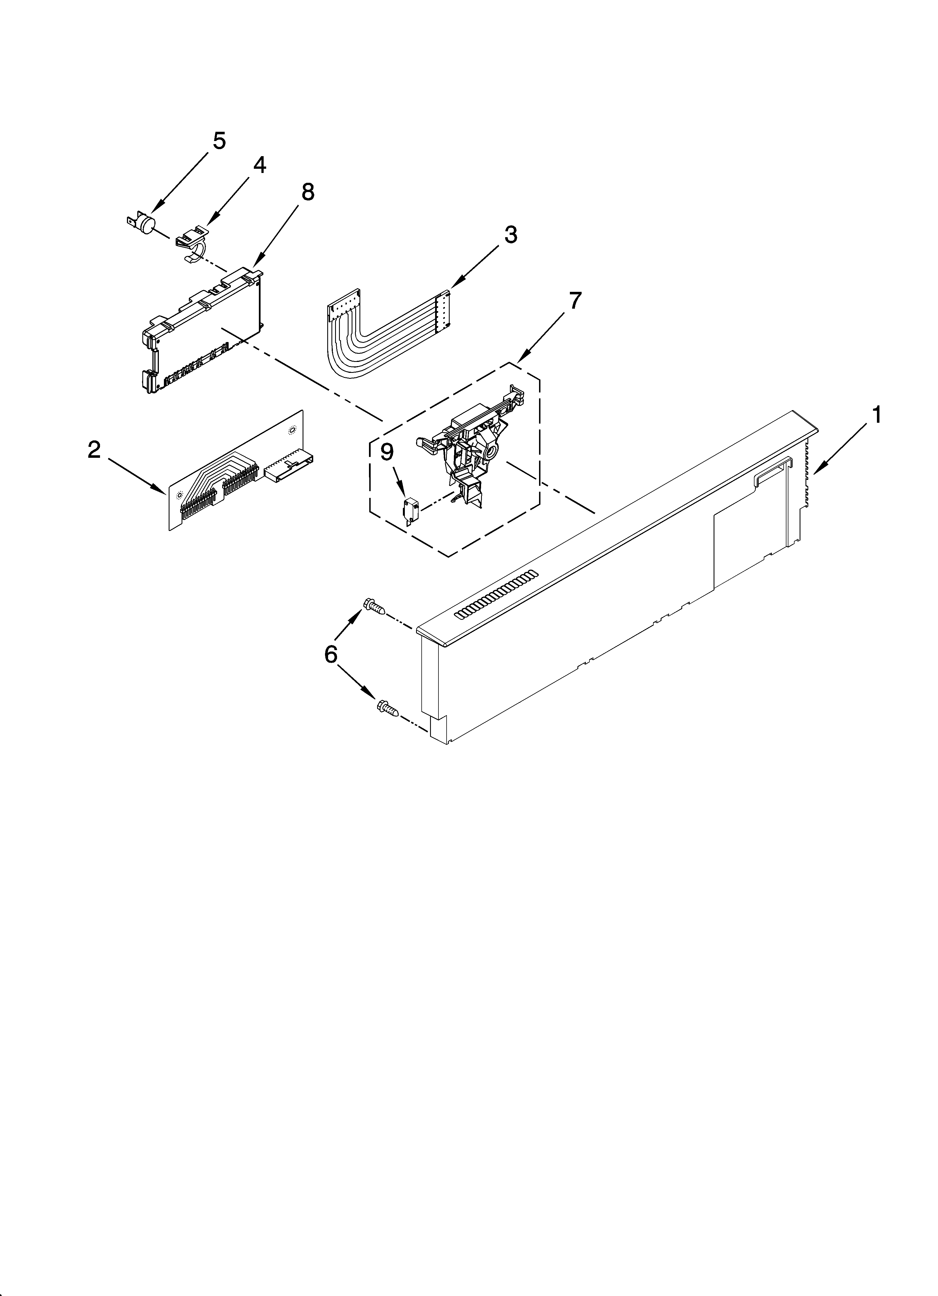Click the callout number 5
pos(219,140)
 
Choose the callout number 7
pos(575,301)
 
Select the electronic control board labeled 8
pos(203,331)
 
